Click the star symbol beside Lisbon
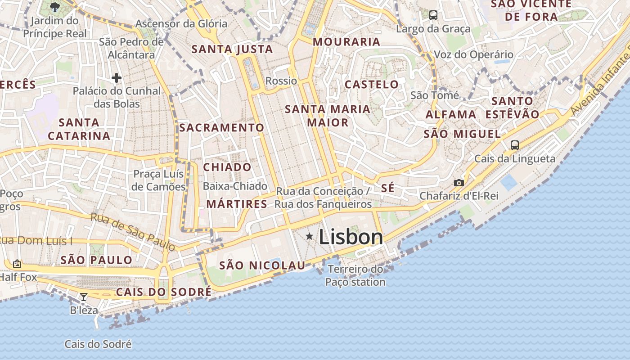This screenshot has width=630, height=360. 310,236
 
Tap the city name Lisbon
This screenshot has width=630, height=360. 351,237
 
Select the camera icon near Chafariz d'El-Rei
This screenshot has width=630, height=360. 459,183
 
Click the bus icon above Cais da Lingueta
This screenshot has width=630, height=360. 515,145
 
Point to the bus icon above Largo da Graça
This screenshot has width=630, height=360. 433,15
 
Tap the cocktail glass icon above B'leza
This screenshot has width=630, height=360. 84,297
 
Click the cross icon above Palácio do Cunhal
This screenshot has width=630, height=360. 117,78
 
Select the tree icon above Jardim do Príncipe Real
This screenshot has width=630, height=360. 55,7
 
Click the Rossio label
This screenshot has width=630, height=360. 281,81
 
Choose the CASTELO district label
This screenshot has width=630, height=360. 372,84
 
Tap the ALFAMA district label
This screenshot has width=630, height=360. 451,114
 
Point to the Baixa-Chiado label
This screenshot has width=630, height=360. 235,186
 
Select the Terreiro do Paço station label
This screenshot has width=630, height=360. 355,276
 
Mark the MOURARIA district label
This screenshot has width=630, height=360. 346,42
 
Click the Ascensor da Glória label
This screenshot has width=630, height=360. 181,23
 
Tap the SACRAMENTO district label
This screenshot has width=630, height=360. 221,127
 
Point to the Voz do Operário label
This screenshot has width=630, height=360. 473,55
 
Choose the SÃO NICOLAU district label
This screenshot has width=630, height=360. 262,265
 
